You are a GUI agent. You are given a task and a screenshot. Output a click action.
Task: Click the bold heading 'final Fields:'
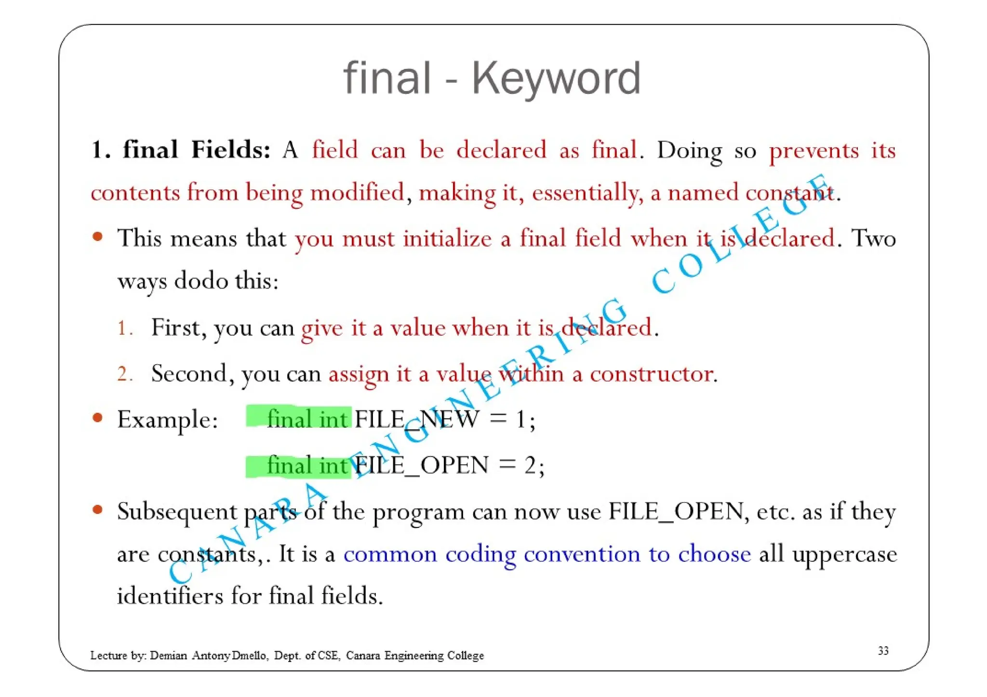click(x=197, y=150)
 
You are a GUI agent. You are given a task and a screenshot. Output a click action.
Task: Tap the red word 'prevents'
click(x=814, y=151)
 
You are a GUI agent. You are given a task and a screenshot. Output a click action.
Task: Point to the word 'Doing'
click(x=689, y=151)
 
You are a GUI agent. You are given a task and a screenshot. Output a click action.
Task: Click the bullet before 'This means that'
click(x=98, y=237)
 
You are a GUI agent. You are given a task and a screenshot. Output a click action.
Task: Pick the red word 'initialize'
click(x=447, y=239)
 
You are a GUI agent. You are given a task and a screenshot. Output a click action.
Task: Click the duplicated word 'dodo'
click(x=201, y=281)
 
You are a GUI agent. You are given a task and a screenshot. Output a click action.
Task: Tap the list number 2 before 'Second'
click(x=123, y=374)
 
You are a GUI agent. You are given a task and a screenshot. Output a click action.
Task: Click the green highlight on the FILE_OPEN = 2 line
click(x=299, y=466)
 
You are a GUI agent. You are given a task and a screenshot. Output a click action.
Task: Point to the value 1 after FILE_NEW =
click(x=520, y=419)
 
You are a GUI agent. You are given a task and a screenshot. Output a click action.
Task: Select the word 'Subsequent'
click(x=177, y=512)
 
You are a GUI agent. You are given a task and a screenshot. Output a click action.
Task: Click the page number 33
click(x=883, y=651)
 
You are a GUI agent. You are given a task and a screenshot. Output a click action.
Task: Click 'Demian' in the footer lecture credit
click(x=168, y=656)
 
